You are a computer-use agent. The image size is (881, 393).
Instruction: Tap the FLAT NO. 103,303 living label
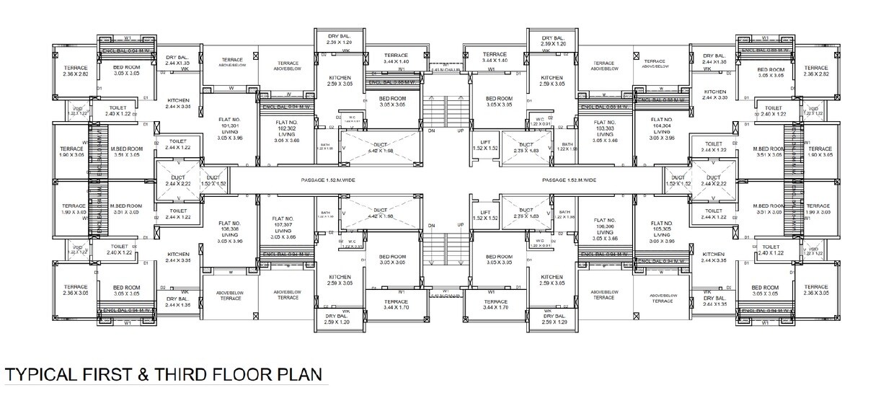604,131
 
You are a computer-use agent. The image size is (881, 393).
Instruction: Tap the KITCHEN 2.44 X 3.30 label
714,94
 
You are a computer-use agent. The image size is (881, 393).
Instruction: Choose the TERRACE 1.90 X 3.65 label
818,151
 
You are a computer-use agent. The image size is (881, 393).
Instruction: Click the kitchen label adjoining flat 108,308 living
178,257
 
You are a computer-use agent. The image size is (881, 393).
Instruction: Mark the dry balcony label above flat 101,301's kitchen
178,60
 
